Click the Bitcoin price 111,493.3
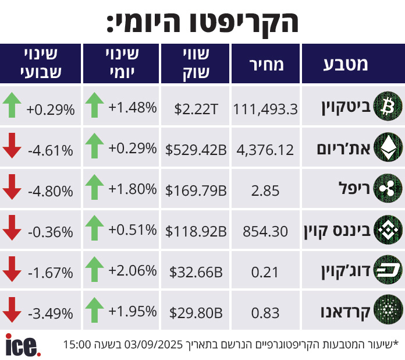[265, 108]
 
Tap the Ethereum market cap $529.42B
[196, 150]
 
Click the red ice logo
[23, 344]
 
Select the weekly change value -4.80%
[51, 190]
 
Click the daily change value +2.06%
[133, 270]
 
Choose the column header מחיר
[266, 64]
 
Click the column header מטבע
[346, 64]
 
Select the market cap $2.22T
[196, 108]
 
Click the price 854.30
[265, 231]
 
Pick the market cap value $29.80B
[196, 313]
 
